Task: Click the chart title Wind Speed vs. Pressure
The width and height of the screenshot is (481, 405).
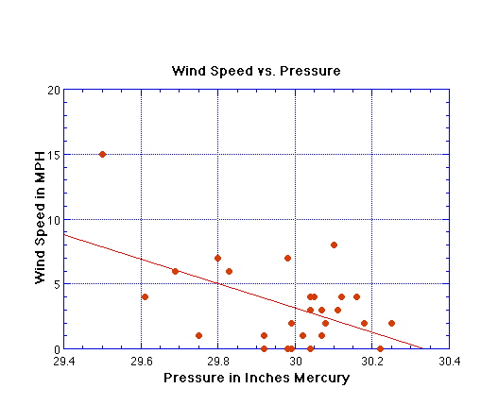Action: pyautogui.click(x=255, y=71)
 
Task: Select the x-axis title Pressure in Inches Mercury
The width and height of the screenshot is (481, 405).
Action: pyautogui.click(x=256, y=378)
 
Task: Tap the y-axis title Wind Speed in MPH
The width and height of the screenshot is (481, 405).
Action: pyautogui.click(x=41, y=219)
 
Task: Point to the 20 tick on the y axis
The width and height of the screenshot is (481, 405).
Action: pyautogui.click(x=54, y=91)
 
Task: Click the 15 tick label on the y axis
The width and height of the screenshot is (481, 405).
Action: pyautogui.click(x=54, y=155)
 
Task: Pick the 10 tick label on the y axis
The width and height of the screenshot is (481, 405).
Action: pyautogui.click(x=54, y=219)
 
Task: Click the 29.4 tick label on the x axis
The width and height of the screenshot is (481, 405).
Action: pyautogui.click(x=64, y=361)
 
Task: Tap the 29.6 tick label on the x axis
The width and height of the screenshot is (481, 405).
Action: pyautogui.click(x=141, y=361)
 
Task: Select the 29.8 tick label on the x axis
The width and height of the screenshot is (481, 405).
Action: pyautogui.click(x=217, y=361)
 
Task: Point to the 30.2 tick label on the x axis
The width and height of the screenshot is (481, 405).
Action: pyautogui.click(x=371, y=361)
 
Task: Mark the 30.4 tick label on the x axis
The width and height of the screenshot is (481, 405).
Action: pyautogui.click(x=448, y=361)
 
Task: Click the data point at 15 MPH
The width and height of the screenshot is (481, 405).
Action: pyautogui.click(x=102, y=154)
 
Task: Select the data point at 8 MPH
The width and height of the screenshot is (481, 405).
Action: pyautogui.click(x=334, y=245)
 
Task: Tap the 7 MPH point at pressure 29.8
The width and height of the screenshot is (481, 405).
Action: pyautogui.click(x=217, y=258)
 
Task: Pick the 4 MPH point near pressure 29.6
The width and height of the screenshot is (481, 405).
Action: pyautogui.click(x=145, y=296)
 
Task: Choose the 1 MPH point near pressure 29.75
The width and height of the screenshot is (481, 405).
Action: pyautogui.click(x=198, y=335)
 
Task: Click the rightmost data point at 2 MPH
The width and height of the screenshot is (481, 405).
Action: pyautogui.click(x=391, y=323)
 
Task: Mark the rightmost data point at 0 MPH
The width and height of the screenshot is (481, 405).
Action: pyautogui.click(x=380, y=348)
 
